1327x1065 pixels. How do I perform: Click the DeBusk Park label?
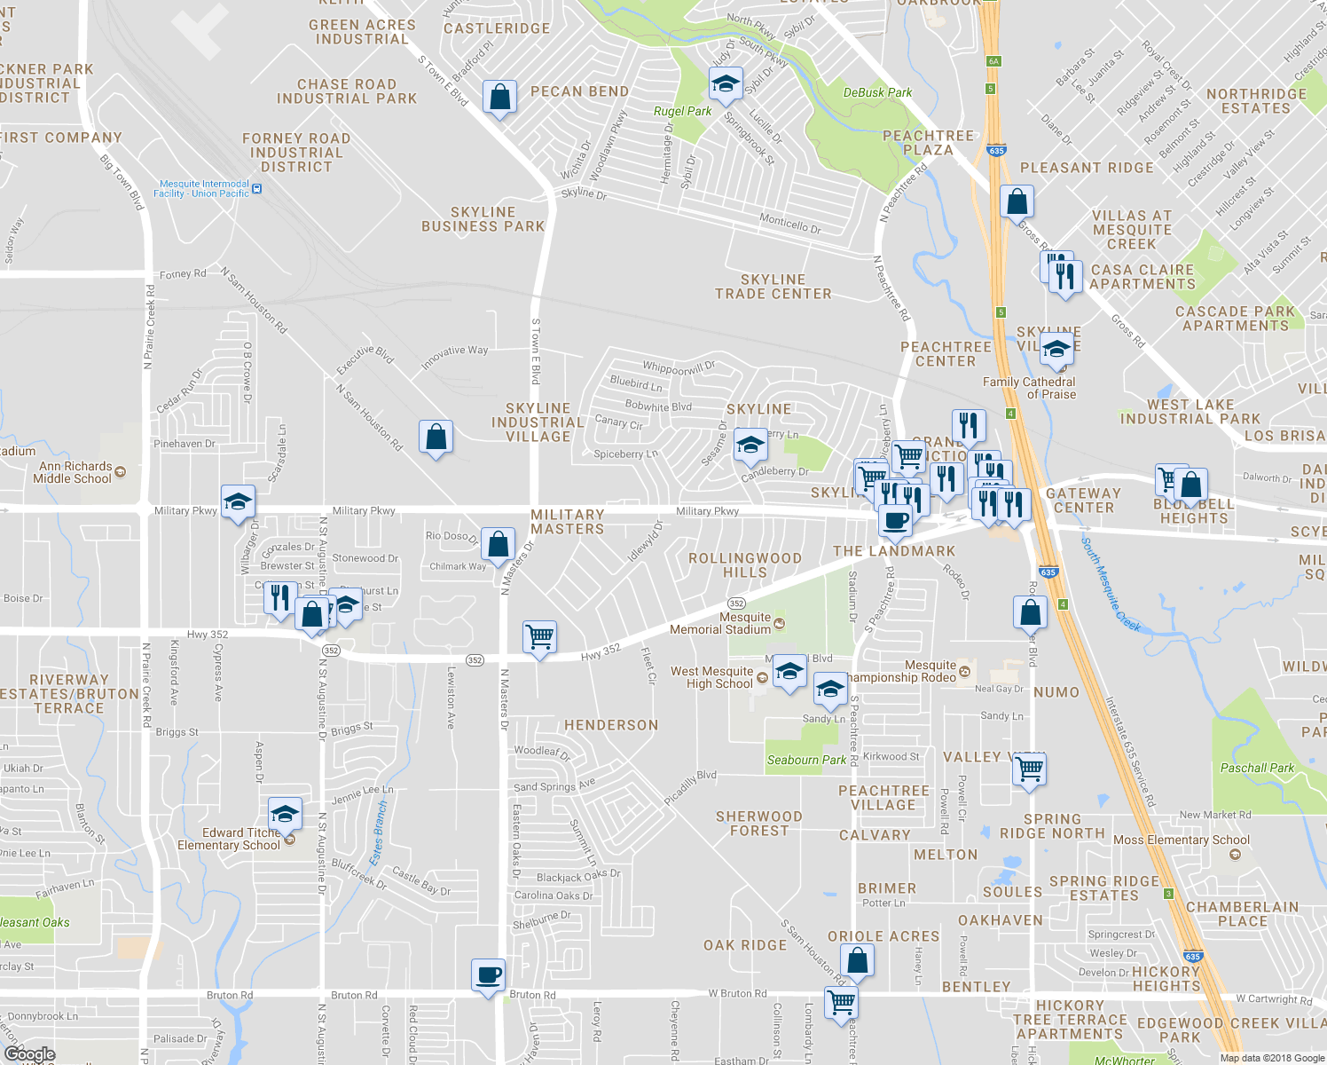tap(877, 92)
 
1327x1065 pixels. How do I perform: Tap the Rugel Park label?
tap(682, 111)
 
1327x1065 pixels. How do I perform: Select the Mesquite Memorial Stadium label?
tap(720, 623)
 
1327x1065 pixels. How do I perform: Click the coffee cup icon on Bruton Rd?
tap(488, 975)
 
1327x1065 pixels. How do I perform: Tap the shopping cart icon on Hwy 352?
tap(539, 636)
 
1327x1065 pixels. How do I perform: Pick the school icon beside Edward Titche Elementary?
tap(285, 813)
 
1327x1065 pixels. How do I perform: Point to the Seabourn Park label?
tap(806, 760)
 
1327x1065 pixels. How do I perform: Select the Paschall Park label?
tap(1257, 768)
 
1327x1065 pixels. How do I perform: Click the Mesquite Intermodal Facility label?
tap(201, 188)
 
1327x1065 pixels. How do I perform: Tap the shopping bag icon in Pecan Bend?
tap(499, 97)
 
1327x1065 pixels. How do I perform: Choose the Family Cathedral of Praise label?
tap(1029, 388)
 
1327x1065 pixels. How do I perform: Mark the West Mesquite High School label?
tap(711, 677)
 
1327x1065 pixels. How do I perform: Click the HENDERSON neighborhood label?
tap(611, 725)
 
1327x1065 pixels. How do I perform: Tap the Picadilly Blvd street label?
tap(690, 786)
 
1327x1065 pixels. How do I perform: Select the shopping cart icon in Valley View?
tap(1029, 769)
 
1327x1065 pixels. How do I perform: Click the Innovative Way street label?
tap(455, 356)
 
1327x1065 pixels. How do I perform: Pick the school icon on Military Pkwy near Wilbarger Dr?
tap(238, 502)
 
